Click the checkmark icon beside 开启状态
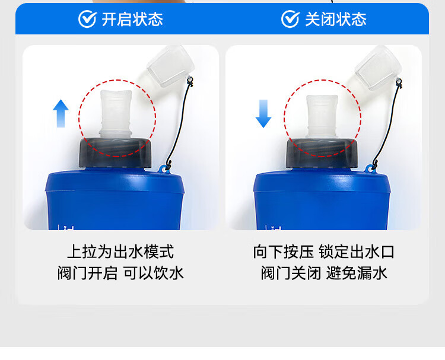(x=87, y=19)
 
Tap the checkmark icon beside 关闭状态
(x=290, y=19)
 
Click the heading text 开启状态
(x=132, y=19)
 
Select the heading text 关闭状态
(x=335, y=19)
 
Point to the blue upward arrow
(x=61, y=113)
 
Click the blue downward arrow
(x=263, y=113)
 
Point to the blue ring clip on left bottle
(x=163, y=170)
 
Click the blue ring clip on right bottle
(x=371, y=170)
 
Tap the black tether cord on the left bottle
(x=181, y=125)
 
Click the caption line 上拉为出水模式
(x=120, y=251)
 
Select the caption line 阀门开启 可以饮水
(x=120, y=273)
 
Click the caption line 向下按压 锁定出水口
(x=323, y=251)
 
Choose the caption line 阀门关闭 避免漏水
(x=323, y=273)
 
